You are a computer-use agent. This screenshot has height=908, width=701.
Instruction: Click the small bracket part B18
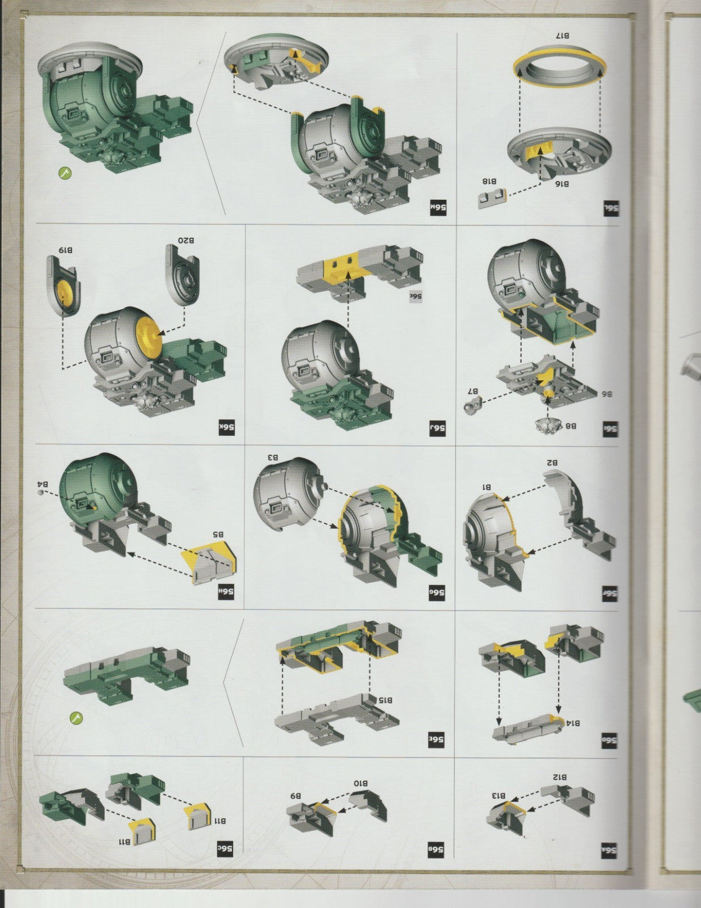pos(491,199)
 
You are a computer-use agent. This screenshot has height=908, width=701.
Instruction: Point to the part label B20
pos(186,241)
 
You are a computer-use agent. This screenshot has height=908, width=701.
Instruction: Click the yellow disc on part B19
pos(66,292)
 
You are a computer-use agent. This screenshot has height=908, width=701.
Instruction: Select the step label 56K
pos(227,427)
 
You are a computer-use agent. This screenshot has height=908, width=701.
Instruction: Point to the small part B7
pos(472,405)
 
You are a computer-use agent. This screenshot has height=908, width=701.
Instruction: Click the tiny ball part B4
pos(40,494)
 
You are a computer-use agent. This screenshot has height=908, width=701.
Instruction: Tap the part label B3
pos(273,457)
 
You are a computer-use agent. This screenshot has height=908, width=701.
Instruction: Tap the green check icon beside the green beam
pos(76,718)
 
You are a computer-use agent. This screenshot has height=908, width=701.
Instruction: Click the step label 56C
pos(226,849)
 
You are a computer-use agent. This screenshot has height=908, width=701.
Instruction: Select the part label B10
pos(361,784)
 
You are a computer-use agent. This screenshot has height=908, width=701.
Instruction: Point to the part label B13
pos(499,796)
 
